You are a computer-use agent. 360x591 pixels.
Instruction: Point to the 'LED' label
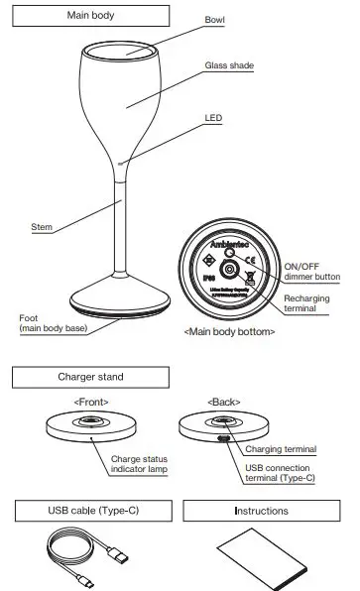[x=213, y=116]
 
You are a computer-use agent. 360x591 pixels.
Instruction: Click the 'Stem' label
[x=41, y=227]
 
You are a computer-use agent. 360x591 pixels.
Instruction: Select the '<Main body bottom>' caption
[x=230, y=330]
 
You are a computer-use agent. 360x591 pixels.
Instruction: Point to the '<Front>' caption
[x=91, y=402]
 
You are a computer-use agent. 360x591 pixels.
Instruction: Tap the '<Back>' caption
[x=223, y=402]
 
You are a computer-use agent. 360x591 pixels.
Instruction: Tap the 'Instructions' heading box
[x=261, y=511]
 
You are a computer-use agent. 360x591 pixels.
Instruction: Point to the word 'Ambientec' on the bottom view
[x=230, y=242]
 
